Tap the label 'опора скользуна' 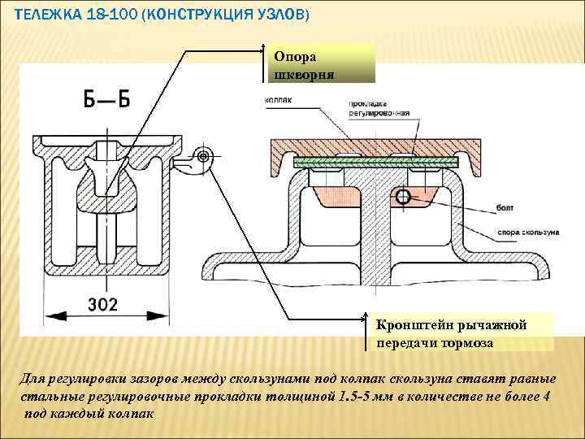point(528,233)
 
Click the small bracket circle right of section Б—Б point(203,155)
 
